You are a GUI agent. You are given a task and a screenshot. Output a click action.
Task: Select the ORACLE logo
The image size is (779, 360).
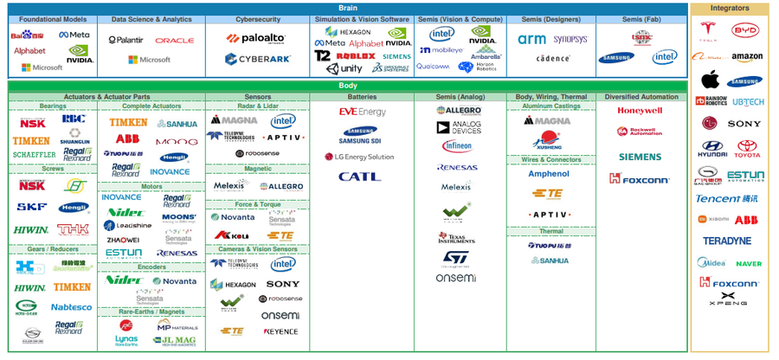[175, 41]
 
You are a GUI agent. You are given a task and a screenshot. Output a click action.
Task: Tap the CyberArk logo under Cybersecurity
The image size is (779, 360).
[257, 59]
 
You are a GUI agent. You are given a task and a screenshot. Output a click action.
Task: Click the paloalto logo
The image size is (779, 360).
[257, 38]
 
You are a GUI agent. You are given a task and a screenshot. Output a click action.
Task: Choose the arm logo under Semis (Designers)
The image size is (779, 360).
[531, 39]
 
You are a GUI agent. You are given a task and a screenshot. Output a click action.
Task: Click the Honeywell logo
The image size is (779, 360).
[640, 111]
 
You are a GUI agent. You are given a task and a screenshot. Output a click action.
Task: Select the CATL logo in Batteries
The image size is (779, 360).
[359, 177]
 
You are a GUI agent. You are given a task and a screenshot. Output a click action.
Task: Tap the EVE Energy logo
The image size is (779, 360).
[362, 112]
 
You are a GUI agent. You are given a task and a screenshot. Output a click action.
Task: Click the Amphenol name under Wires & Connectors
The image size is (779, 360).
[549, 174]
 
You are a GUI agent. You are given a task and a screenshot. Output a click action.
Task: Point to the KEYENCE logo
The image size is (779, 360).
[280, 331]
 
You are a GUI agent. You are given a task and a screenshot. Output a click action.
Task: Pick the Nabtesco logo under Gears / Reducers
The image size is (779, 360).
[71, 306]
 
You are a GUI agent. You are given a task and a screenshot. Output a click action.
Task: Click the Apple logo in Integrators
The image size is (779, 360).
[710, 80]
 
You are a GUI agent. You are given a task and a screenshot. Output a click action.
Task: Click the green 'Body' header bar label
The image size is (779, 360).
[347, 86]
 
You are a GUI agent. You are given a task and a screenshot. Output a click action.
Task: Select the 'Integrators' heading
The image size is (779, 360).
[730, 8]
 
